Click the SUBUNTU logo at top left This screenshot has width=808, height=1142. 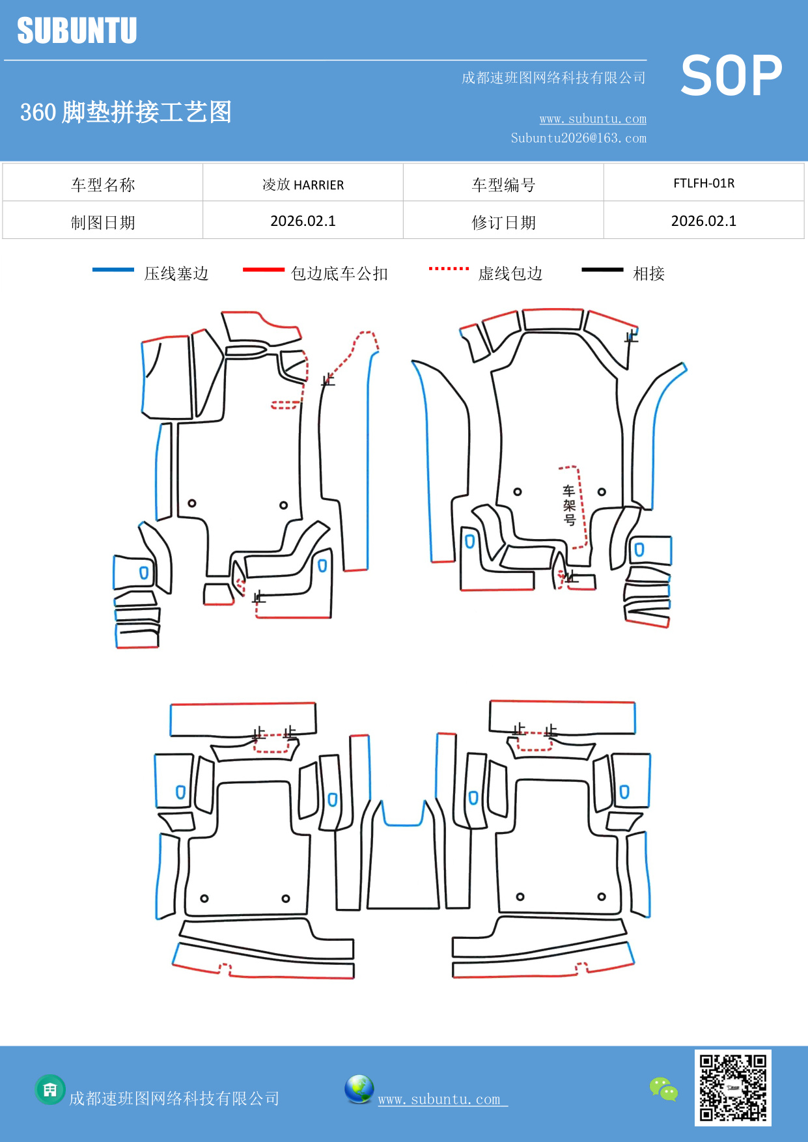pyautogui.click(x=77, y=31)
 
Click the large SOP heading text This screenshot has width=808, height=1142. pyautogui.click(x=731, y=76)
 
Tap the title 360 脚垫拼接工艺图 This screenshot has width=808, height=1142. pyautogui.click(x=126, y=112)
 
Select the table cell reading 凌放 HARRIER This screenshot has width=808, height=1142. pyautogui.click(x=303, y=184)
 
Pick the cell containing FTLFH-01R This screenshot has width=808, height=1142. pyautogui.click(x=703, y=183)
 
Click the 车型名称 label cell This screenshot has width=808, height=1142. pyautogui.click(x=103, y=185)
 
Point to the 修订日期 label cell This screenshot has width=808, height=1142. pyautogui.click(x=503, y=223)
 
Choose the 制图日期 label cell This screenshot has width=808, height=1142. pyautogui.click(x=103, y=223)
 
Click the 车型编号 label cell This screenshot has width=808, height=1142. pyautogui.click(x=503, y=185)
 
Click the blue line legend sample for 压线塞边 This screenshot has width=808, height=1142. pyautogui.click(x=113, y=270)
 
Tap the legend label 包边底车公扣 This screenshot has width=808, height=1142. pyautogui.click(x=339, y=273)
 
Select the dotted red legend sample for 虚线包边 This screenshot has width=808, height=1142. pyautogui.click(x=449, y=268)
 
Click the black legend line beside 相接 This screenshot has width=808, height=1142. pyautogui.click(x=602, y=270)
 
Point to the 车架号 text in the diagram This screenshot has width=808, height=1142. pyautogui.click(x=569, y=505)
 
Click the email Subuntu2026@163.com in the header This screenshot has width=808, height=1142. pyautogui.click(x=578, y=138)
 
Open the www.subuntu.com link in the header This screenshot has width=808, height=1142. pyautogui.click(x=592, y=118)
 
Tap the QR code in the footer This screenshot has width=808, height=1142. pyautogui.click(x=732, y=1087)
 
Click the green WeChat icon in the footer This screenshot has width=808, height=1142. pyautogui.click(x=663, y=1089)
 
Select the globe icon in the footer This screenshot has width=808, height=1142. pyautogui.click(x=359, y=1089)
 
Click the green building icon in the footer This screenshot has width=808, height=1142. pyautogui.click(x=50, y=1089)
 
